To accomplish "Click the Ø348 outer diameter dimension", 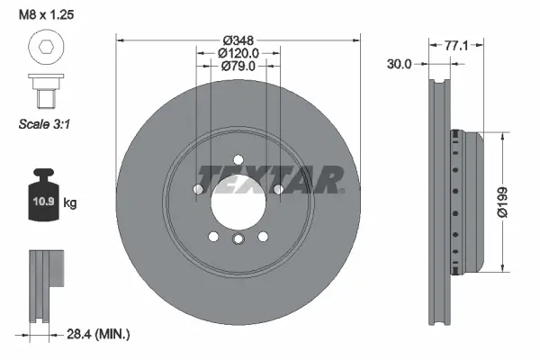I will tap(238, 40).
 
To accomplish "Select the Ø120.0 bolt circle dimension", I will tap(238, 53).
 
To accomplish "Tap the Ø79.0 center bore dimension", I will tap(238, 66).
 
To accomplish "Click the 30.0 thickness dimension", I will tap(399, 65).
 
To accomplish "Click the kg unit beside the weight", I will tap(70, 203).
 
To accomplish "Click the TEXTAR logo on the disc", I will tap(270, 179).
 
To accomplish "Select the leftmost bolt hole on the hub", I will tap(198, 189).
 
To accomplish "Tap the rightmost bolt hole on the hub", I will tap(279, 189).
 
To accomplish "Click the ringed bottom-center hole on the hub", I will tap(238, 238).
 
